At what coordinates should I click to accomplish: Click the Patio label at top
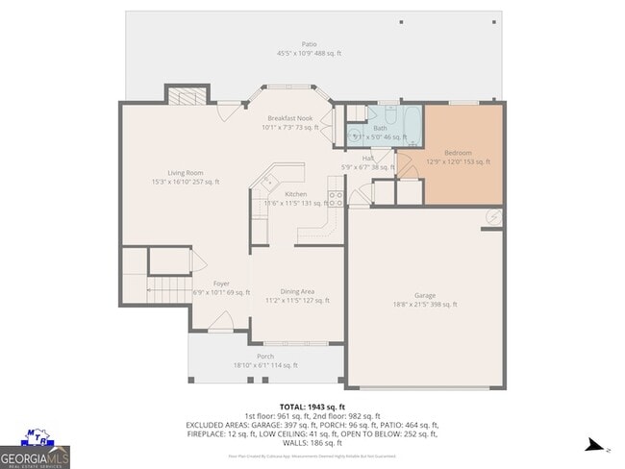[x=309, y=43]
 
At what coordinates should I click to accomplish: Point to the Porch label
[x=265, y=356]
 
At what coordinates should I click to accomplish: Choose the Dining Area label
[x=297, y=291]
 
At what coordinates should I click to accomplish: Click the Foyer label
[x=221, y=284]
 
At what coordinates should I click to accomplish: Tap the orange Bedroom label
[x=458, y=153]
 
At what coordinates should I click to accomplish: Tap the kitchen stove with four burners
[x=337, y=199]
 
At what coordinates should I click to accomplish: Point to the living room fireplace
[x=187, y=95]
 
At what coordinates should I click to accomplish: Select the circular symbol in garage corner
[x=493, y=217]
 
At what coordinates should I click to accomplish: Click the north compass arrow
[x=596, y=445]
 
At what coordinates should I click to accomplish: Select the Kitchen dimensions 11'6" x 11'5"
[x=296, y=203]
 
